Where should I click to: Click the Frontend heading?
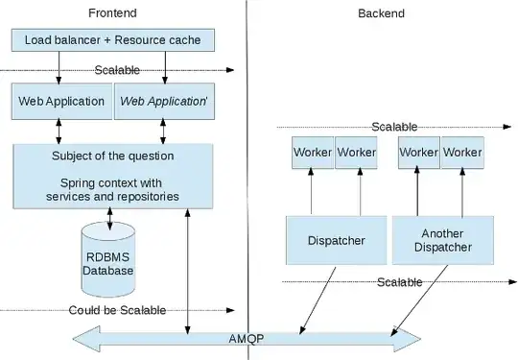113,13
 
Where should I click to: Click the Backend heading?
381,13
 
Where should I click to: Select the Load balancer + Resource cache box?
112,40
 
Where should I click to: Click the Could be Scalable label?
117,310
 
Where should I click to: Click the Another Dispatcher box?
442,240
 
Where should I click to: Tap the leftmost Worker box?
312,153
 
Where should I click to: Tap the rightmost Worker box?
461,153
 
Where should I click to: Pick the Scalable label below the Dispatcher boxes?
400,282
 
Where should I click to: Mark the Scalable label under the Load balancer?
117,70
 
